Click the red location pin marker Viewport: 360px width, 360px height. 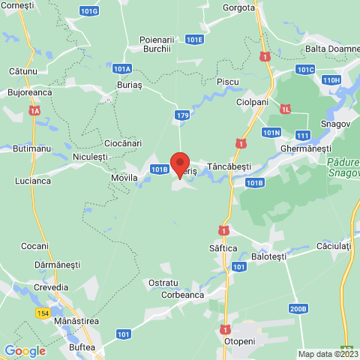coord(179,164)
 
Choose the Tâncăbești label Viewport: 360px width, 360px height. coord(229,166)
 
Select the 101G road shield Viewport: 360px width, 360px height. coord(88,11)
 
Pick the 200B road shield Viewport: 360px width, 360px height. coord(298,308)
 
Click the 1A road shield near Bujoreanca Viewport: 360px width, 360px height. coord(34,111)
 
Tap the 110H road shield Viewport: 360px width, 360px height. coord(331,79)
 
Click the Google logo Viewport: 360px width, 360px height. coord(25,350)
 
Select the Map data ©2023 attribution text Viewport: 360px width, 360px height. coord(328,354)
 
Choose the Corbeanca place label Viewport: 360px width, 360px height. coord(183,295)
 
